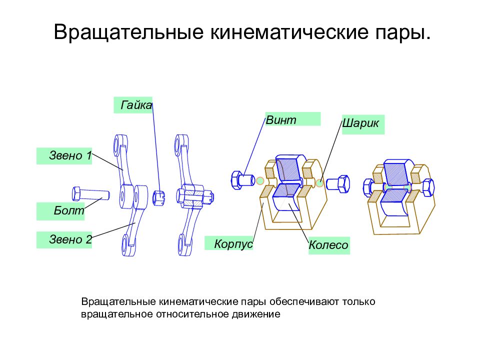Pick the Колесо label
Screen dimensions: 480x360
coord(329,245)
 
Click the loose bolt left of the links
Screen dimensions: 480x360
coord(90,193)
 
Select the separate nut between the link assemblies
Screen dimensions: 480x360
coord(159,198)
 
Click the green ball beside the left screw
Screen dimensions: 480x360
coord(260,180)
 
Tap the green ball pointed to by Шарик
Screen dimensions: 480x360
coord(319,183)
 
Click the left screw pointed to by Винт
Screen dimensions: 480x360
coord(243,180)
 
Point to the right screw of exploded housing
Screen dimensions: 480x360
coord(338,184)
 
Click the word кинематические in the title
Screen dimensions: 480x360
coord(289,32)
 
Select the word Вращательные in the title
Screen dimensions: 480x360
coord(129,32)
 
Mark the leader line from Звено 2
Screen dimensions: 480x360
coord(113,230)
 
